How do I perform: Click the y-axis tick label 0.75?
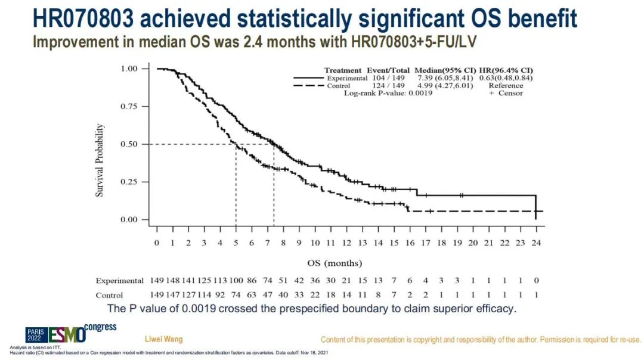point(129,107)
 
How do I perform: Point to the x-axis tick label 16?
point(410,243)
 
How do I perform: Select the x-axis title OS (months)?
point(335,263)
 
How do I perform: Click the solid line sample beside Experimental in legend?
point(309,78)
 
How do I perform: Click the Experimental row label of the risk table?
point(119,281)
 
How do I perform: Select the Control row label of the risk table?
point(109,295)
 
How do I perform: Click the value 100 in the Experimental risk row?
point(236,281)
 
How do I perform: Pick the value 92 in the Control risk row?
point(220,295)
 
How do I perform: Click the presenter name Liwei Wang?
point(164,339)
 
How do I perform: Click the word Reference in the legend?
point(506,86)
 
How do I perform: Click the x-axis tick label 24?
point(536,243)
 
